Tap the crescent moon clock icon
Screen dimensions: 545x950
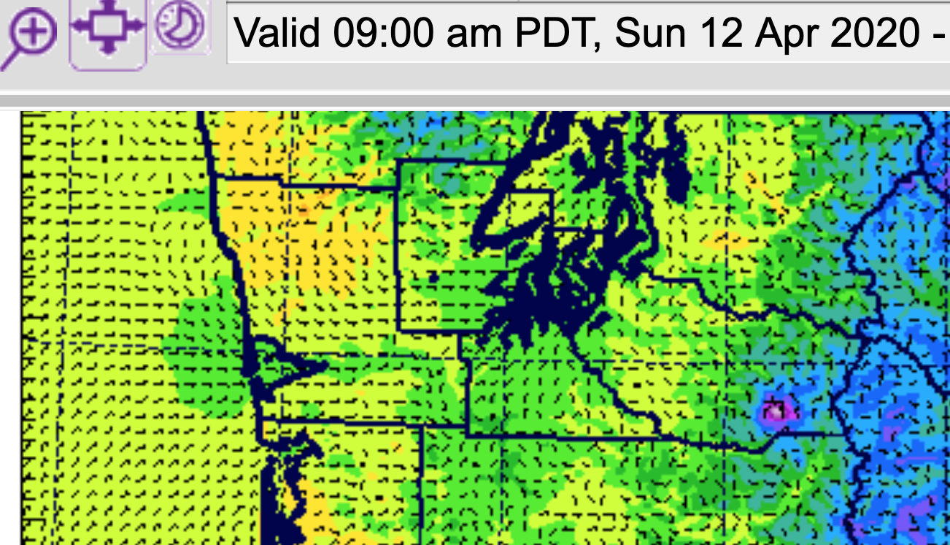(179, 26)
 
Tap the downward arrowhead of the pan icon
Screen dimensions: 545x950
(108, 50)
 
